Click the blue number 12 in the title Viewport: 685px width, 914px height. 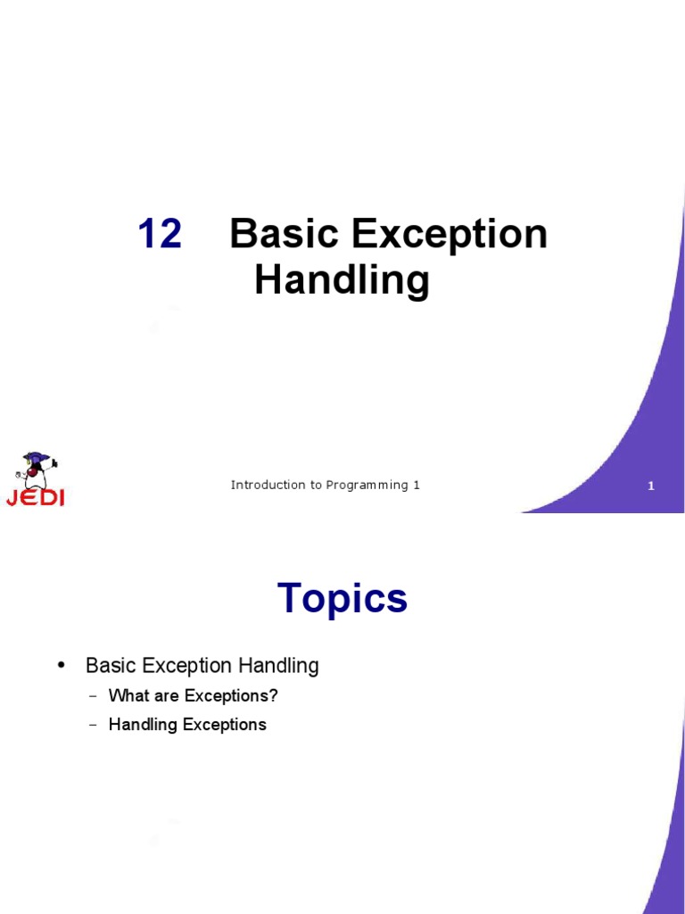(160, 235)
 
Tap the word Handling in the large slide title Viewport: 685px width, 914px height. (342, 280)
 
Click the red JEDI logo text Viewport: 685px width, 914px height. (36, 498)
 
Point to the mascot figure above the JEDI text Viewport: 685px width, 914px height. (36, 469)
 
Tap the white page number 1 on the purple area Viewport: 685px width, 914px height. (651, 486)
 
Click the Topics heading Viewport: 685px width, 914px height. (342, 598)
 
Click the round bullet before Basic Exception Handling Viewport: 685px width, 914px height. (62, 666)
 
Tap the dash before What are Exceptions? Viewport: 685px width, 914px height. (93, 695)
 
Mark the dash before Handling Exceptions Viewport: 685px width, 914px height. (93, 725)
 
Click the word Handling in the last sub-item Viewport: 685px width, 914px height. (143, 725)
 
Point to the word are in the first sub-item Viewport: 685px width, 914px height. (163, 695)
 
